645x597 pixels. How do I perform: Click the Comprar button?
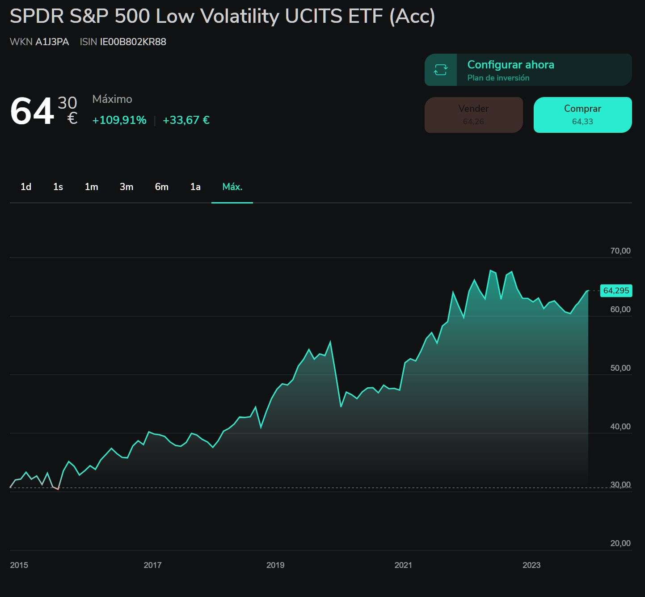point(582,114)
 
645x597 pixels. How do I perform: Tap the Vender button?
point(473,114)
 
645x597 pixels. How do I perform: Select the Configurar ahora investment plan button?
point(528,70)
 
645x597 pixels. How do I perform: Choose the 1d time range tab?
point(26,187)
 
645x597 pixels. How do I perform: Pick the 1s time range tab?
point(58,187)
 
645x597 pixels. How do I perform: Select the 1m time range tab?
point(91,187)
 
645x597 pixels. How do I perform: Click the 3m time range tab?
point(126,187)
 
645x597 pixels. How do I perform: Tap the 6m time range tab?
point(162,187)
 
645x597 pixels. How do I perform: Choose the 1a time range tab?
point(195,187)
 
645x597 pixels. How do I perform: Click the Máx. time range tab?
point(232,187)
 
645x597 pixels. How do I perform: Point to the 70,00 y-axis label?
point(620,251)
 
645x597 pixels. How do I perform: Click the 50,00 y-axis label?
point(620,368)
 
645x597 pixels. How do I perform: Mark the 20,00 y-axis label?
point(620,543)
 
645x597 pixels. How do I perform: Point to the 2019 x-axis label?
point(275,565)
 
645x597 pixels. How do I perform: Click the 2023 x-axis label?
point(531,565)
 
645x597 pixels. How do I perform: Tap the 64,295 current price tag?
point(616,291)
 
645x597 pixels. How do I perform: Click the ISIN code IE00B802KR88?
point(133,42)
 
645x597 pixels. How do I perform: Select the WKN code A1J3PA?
point(52,42)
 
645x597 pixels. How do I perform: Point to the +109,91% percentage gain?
point(119,120)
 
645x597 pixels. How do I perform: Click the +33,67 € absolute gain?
point(186,120)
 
